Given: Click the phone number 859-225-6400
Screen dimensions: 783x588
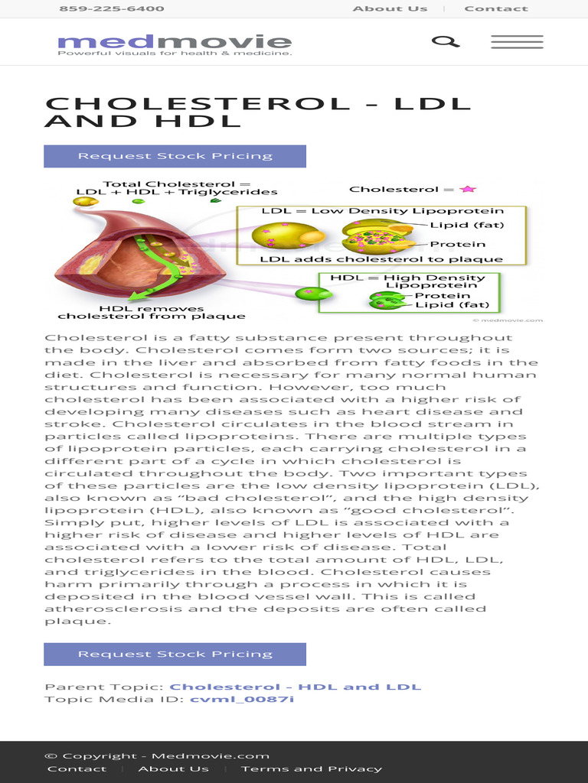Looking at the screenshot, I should coord(112,8).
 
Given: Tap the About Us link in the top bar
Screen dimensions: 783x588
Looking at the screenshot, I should coord(390,8).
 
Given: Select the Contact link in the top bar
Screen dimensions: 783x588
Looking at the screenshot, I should coord(495,8).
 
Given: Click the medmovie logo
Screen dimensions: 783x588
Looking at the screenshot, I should coord(174,43).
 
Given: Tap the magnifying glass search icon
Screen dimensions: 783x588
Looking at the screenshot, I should coord(445,41).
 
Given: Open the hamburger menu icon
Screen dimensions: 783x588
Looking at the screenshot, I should coord(517,42).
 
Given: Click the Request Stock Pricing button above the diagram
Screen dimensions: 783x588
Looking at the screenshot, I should coord(175,156).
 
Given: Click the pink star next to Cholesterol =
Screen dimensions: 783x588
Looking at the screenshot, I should coord(468,189).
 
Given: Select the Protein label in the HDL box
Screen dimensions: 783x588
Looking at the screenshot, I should coord(443,296).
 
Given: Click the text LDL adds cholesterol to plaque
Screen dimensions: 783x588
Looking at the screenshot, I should coord(381,259).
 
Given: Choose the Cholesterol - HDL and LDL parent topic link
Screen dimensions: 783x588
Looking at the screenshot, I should coord(295,687).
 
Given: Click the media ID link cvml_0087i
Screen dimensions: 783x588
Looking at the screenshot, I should coord(242,699).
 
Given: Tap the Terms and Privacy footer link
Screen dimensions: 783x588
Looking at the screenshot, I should coord(312,768).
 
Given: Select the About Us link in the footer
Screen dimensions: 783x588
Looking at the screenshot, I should coord(173,768).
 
